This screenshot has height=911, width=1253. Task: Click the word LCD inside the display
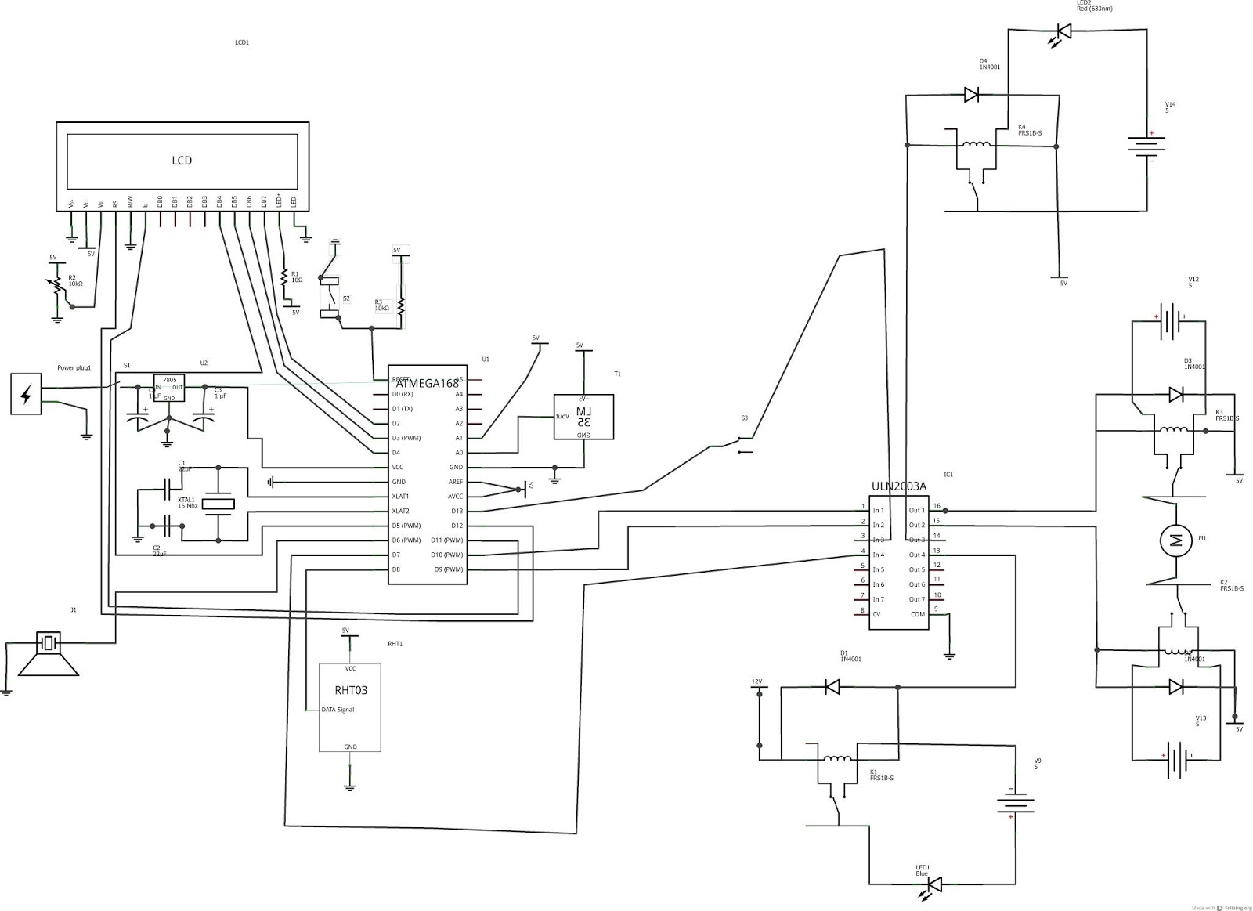click(x=182, y=161)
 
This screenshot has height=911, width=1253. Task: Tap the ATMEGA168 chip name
click(x=427, y=383)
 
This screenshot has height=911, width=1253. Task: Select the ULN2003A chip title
click(x=898, y=486)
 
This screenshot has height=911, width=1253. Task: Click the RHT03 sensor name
click(x=350, y=691)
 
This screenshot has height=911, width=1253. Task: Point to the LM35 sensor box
click(x=583, y=417)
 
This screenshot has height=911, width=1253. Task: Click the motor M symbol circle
click(x=1175, y=539)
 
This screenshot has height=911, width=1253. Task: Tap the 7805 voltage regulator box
click(x=169, y=387)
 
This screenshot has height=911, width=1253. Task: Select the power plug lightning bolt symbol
click(x=26, y=394)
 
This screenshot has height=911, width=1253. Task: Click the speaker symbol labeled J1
click(x=49, y=654)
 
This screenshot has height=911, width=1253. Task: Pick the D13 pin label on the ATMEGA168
click(x=457, y=512)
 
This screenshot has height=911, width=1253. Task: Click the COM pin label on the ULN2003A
click(x=917, y=614)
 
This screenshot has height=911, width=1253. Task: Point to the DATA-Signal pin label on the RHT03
click(x=338, y=710)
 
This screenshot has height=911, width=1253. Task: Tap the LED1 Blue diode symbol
click(x=933, y=884)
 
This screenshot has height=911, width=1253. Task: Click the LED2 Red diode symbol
click(x=1063, y=31)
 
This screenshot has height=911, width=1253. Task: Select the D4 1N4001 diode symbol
click(x=971, y=95)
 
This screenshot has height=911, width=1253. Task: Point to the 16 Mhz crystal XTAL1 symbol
click(x=218, y=504)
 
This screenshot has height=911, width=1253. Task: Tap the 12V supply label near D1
click(x=756, y=681)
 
